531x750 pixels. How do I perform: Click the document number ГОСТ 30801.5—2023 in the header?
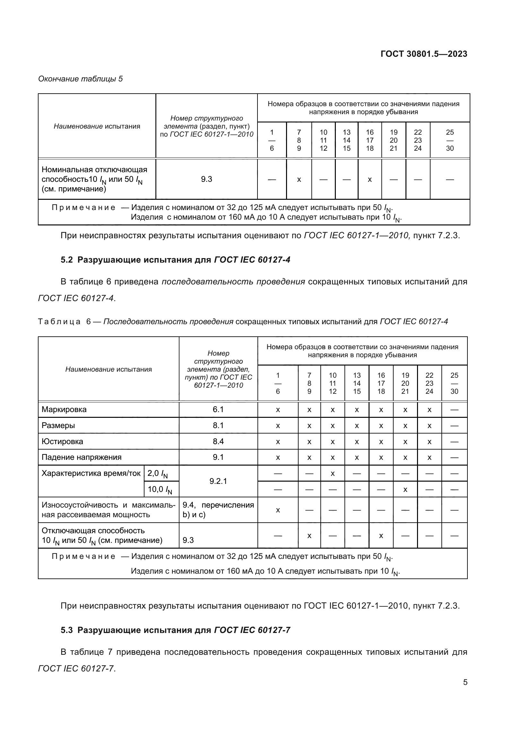424,54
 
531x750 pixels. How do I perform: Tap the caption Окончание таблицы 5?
81,79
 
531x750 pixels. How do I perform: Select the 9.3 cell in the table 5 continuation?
206,179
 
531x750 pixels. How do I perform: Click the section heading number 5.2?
67,260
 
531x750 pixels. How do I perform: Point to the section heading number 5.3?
67,630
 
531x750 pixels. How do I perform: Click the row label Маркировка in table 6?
64,409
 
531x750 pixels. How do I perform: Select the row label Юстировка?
63,441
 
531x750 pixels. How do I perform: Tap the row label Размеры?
58,425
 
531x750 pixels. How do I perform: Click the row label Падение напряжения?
82,457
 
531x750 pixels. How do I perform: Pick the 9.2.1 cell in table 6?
218,481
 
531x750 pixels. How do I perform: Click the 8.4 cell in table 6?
218,441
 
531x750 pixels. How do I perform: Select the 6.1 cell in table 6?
218,409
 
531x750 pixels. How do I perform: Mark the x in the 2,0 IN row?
333,473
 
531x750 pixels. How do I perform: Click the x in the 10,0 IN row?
405,489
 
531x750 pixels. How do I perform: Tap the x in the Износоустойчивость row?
278,510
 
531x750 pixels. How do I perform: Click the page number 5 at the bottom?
465,682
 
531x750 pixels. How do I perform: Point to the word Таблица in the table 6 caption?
59,321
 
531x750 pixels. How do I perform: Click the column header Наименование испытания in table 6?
109,369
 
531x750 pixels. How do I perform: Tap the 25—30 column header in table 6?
454,383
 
